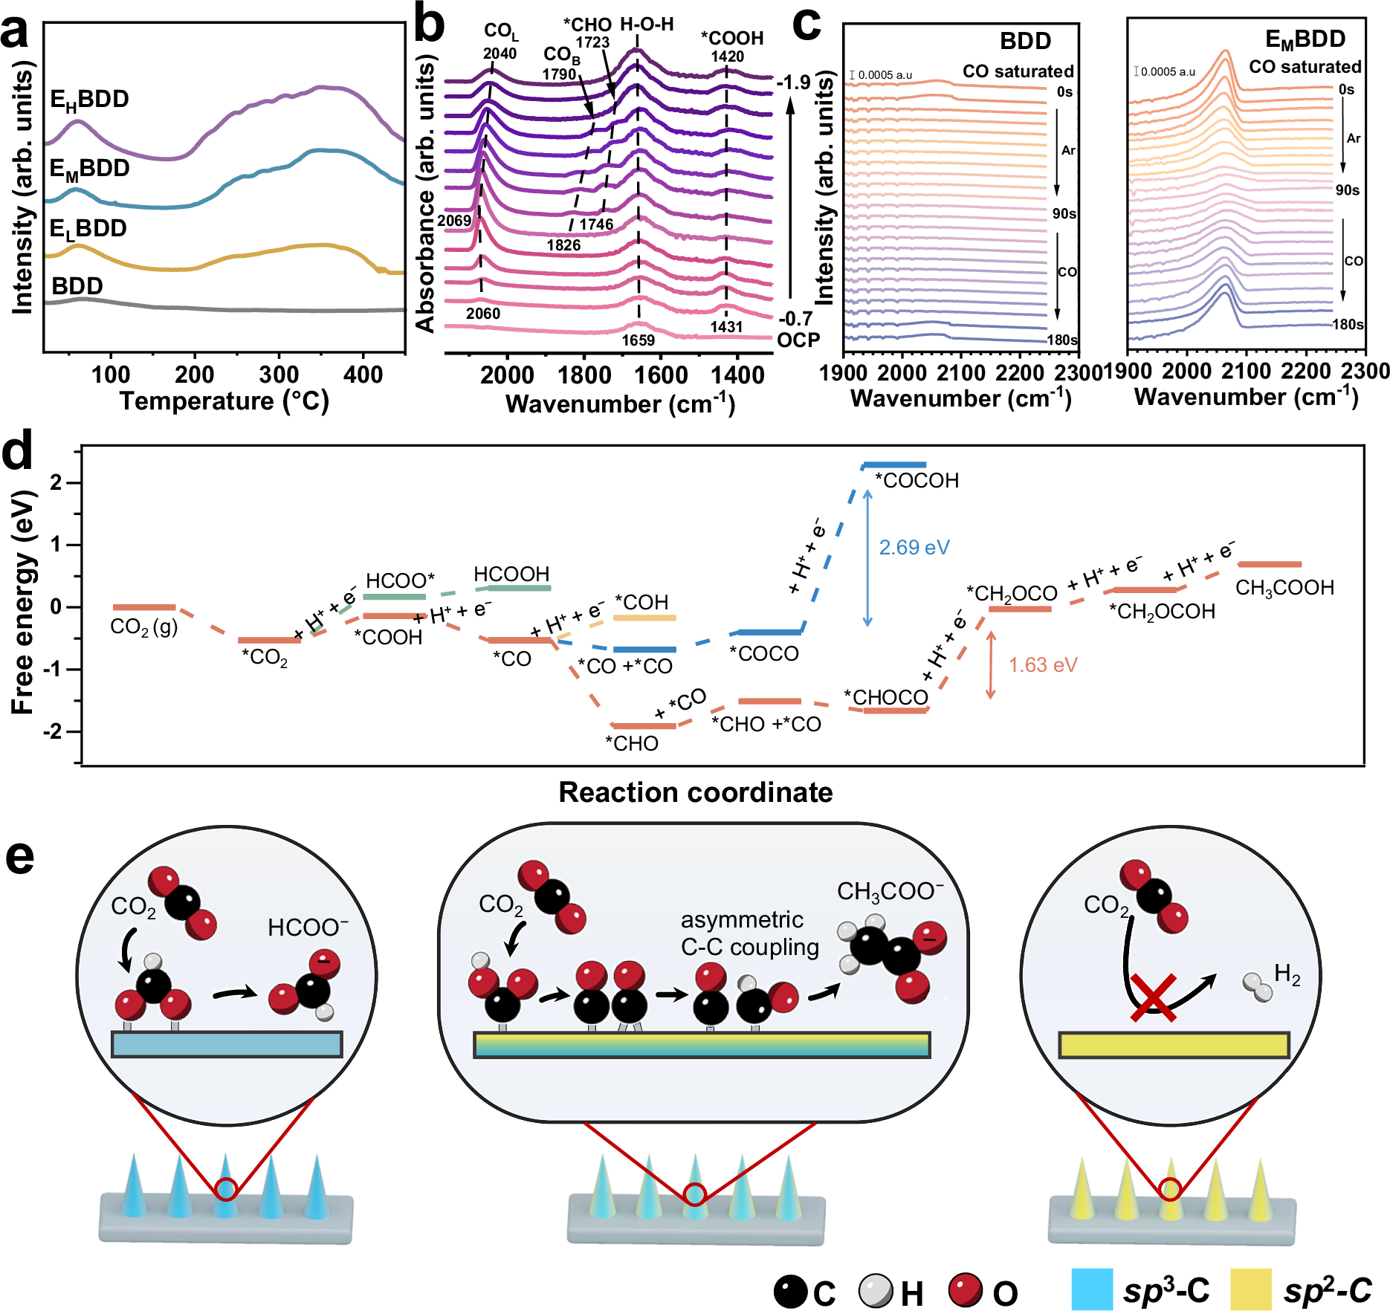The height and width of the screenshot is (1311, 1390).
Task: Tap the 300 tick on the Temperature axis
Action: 279,374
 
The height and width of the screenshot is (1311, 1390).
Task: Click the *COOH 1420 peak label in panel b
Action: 731,46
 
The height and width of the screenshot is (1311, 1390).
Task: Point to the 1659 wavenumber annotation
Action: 638,340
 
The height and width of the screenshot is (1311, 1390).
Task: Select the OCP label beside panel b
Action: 798,340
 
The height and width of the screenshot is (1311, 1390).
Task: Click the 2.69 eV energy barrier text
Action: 914,548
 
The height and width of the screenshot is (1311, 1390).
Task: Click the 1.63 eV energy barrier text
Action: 1042,664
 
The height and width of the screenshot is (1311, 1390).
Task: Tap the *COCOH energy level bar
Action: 893,465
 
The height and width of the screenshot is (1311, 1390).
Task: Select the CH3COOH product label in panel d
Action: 1284,588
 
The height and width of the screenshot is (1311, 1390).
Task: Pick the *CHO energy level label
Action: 631,743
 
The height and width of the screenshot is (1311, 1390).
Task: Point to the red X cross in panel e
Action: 1153,998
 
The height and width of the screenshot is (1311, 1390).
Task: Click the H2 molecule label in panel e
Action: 1287,974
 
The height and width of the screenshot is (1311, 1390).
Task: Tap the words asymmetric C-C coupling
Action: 749,933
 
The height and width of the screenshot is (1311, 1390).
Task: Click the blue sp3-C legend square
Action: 1091,1289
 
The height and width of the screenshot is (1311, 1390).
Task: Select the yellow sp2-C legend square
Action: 1251,1289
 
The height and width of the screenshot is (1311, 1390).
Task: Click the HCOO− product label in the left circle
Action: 308,928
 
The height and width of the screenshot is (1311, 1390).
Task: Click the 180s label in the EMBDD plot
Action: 1348,325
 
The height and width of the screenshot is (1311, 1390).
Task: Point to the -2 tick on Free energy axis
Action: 54,732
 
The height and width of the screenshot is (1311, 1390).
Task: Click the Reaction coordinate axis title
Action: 695,792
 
